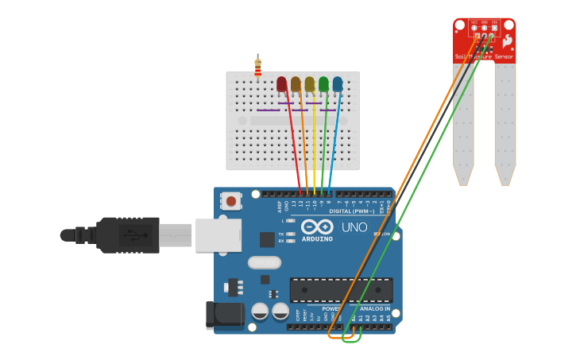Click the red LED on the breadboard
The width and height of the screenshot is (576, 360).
click(x=281, y=84)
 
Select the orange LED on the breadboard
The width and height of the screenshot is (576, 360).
click(x=296, y=84)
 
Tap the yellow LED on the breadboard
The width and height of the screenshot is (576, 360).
click(x=310, y=84)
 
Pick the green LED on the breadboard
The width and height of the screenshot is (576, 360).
click(x=323, y=84)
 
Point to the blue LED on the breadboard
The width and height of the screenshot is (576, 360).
click(x=338, y=84)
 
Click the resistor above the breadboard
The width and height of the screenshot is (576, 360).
click(x=257, y=68)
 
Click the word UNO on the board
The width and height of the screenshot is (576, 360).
click(x=354, y=227)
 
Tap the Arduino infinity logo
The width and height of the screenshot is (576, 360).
click(x=317, y=226)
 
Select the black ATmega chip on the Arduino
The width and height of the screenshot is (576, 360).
click(x=341, y=290)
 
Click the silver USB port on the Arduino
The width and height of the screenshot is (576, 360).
click(x=218, y=235)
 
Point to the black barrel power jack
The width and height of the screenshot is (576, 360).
click(x=224, y=315)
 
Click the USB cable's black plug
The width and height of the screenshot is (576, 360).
click(x=127, y=235)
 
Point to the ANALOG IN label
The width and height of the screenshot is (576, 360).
click(x=375, y=308)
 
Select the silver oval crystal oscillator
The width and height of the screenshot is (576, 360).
click(x=264, y=262)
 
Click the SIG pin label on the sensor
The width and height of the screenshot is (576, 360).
click(x=494, y=22)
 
